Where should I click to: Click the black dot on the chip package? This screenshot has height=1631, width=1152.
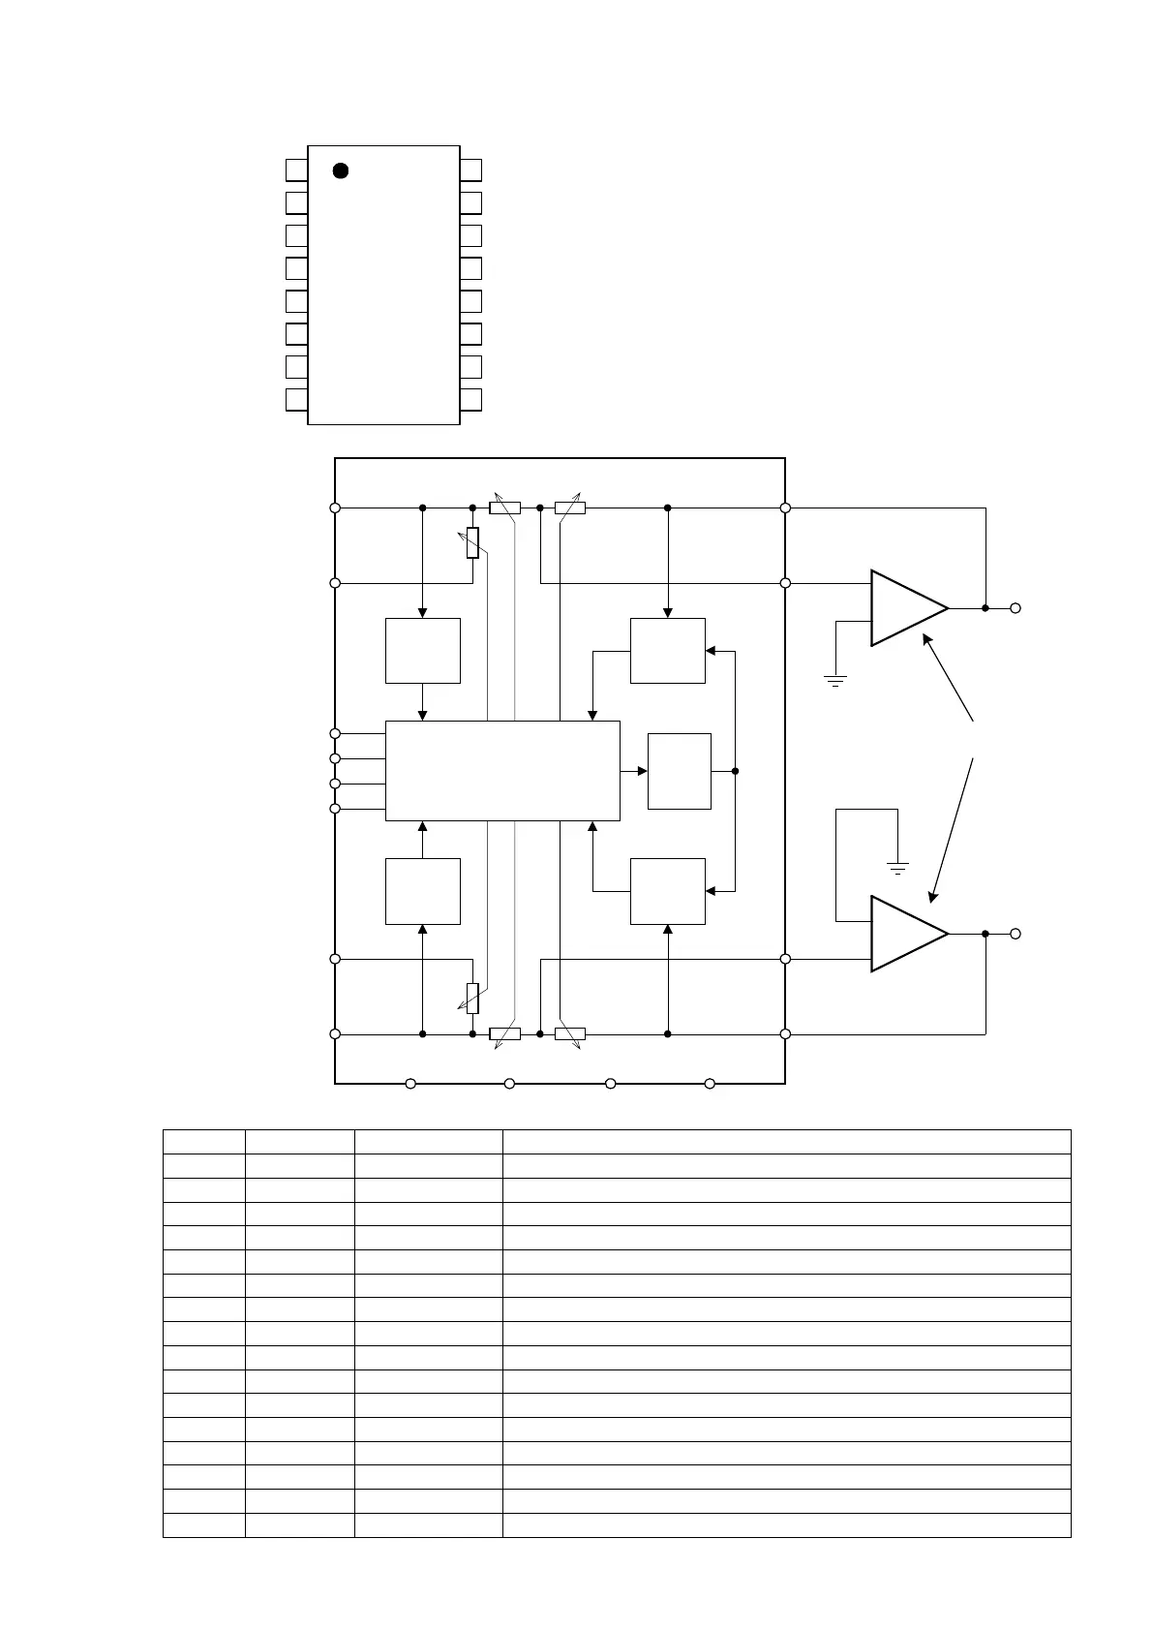pyautogui.click(x=340, y=170)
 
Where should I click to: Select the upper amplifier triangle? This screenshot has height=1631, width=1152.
pyautogui.click(x=904, y=608)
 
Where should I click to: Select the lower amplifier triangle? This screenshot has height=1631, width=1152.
pyautogui.click(x=904, y=934)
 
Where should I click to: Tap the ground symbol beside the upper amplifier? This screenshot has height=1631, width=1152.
pyautogui.click(x=835, y=680)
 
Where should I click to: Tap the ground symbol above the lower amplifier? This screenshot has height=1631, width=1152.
pyautogui.click(x=898, y=868)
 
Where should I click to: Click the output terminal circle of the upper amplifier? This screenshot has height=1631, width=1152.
pyautogui.click(x=1016, y=608)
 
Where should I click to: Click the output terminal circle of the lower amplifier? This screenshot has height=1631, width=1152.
pyautogui.click(x=1016, y=934)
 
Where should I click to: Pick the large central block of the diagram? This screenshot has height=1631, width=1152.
pyautogui.click(x=502, y=771)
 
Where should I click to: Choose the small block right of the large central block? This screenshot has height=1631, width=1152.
pyautogui.click(x=679, y=771)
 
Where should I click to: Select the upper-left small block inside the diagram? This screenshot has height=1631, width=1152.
pyautogui.click(x=423, y=651)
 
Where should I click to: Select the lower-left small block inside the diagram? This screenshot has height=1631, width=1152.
pyautogui.click(x=423, y=891)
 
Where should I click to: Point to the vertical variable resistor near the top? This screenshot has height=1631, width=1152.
pyautogui.click(x=472, y=542)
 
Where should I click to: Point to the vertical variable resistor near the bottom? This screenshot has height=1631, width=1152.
pyautogui.click(x=472, y=998)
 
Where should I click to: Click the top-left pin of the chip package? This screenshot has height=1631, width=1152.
pyautogui.click(x=296, y=170)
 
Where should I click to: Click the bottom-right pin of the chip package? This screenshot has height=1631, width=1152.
pyautogui.click(x=470, y=400)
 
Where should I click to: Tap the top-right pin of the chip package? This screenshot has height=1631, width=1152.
pyautogui.click(x=470, y=170)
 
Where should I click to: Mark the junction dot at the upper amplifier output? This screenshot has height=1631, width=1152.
pyautogui.click(x=985, y=608)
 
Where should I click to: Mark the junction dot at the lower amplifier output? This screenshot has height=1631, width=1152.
pyautogui.click(x=985, y=934)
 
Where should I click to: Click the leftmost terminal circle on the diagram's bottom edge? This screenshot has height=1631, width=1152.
pyautogui.click(x=410, y=1084)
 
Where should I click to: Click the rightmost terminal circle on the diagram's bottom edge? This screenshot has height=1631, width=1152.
pyautogui.click(x=710, y=1084)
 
